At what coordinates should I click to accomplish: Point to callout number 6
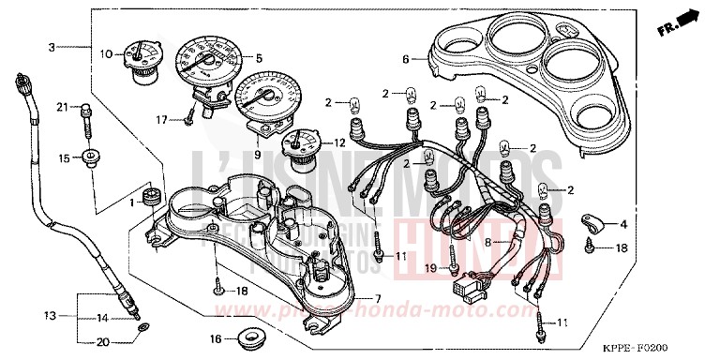tap(406, 59)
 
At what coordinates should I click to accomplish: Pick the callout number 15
tap(64, 157)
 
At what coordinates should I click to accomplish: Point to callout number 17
tap(162, 119)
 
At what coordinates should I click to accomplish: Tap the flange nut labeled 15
tap(91, 157)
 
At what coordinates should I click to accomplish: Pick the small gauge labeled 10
tap(141, 58)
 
